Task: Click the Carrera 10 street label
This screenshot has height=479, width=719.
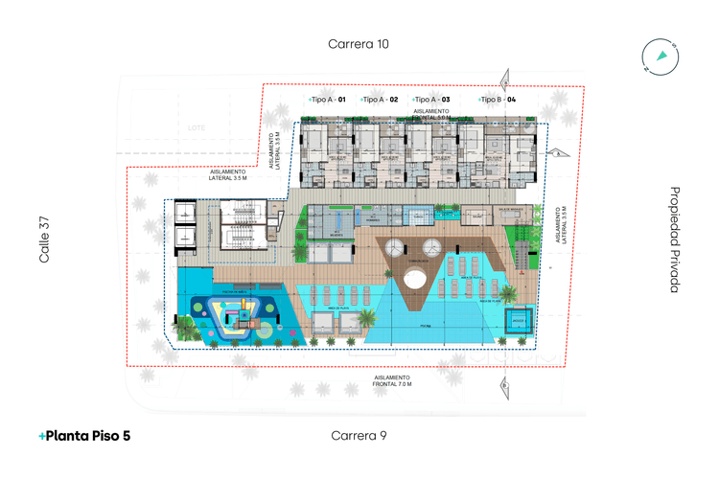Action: coord(359,44)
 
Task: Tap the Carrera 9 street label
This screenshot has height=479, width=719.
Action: coord(359,436)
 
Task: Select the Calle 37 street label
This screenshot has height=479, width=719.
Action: coord(44,240)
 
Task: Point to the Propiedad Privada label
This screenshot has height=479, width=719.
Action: coord(675,239)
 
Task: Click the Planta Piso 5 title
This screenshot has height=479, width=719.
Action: coord(85,436)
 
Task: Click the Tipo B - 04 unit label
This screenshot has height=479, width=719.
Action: coord(499,100)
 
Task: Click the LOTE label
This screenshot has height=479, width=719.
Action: coord(197,127)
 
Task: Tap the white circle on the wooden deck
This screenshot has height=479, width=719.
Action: coord(414,281)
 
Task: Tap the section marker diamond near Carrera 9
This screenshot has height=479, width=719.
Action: coord(504,385)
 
